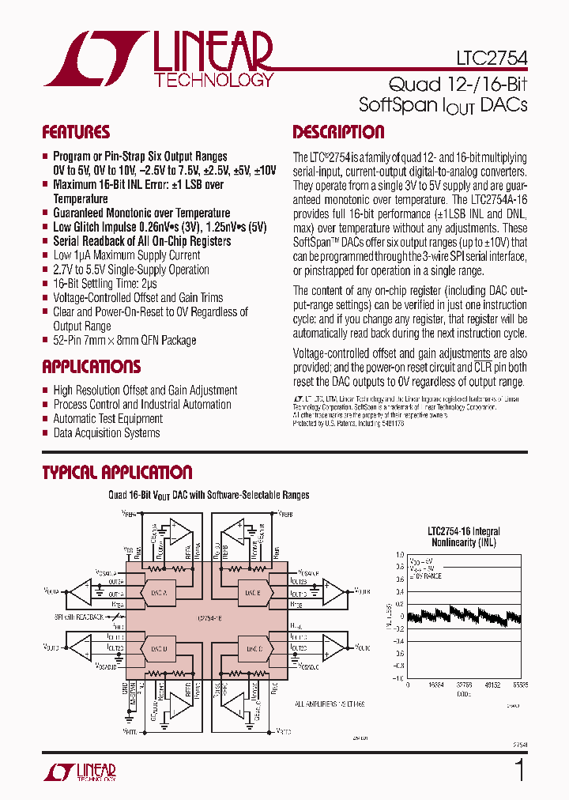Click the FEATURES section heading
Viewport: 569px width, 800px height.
pyautogui.click(x=76, y=132)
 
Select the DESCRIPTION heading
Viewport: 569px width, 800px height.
pyautogui.click(x=338, y=132)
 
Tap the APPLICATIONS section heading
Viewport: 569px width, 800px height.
pyautogui.click(x=91, y=367)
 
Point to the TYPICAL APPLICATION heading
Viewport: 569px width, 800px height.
pyautogui.click(x=117, y=473)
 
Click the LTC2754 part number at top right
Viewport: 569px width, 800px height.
pyautogui.click(x=492, y=58)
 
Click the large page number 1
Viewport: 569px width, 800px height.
pyautogui.click(x=519, y=770)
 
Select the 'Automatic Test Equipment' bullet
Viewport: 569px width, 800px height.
pyautogui.click(x=107, y=419)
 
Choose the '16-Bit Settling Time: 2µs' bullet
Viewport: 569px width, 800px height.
pyautogui.click(x=104, y=284)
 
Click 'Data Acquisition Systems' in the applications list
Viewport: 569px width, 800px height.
pyautogui.click(x=106, y=433)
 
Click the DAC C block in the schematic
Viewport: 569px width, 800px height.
pyautogui.click(x=253, y=649)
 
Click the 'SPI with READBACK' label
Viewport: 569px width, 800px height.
pyautogui.click(x=79, y=616)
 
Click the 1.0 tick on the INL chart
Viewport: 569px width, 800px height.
pyautogui.click(x=400, y=555)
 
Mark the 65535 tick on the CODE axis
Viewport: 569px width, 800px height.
pyautogui.click(x=519, y=685)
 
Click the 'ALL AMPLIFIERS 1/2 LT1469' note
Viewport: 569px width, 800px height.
pyautogui.click(x=331, y=704)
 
